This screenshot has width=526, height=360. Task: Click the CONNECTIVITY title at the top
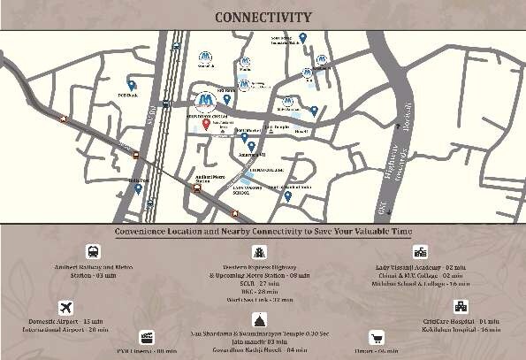click(x=263, y=17)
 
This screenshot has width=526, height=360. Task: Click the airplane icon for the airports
click(x=65, y=307)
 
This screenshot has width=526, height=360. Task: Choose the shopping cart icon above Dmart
click(x=376, y=337)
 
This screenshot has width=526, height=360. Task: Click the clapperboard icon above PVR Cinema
click(x=147, y=338)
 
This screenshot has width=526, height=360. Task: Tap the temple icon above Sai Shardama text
click(x=261, y=319)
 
